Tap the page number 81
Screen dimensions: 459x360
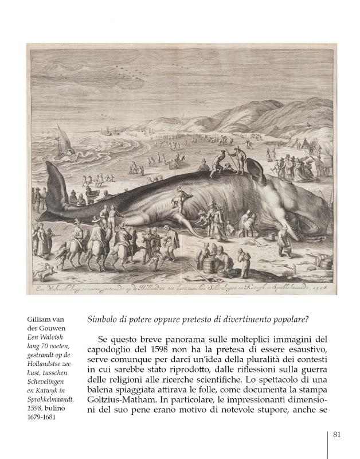[337, 434]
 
